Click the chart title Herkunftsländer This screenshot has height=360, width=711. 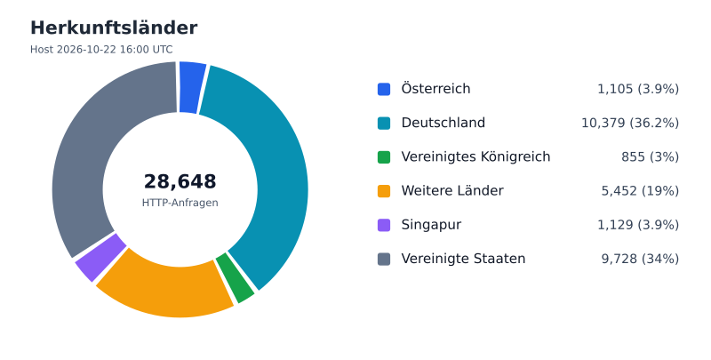coord(114,28)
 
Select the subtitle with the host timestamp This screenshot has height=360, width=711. coord(101,50)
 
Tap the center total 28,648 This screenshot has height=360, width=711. coord(180,181)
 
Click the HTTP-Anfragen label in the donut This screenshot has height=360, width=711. coord(180,203)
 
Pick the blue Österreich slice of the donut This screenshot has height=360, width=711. coord(192,87)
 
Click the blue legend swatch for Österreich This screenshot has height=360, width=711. coord(384,89)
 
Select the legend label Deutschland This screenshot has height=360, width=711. coord(443,123)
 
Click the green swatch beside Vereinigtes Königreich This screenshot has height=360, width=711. coord(384,156)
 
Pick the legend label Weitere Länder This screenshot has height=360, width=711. coord(452,191)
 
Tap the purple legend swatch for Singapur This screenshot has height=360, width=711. coord(384,225)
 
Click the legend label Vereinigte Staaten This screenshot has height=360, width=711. coord(463,259)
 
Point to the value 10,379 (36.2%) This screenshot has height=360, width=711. coord(630,123)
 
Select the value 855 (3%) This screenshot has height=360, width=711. coord(651,156)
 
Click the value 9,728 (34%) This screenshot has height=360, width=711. coord(640,259)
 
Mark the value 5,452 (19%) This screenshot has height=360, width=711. coord(640,191)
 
